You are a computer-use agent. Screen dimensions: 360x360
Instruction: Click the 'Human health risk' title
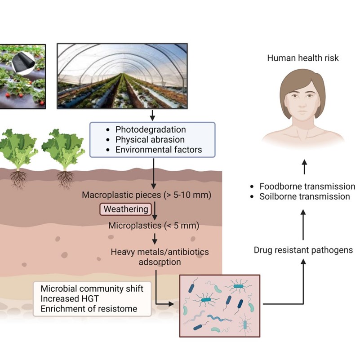point(303,58)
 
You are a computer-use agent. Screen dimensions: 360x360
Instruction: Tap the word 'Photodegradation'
point(151,129)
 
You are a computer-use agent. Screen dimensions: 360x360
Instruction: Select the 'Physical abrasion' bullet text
point(150,140)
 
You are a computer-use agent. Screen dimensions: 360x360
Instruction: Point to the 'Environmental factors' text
point(159,150)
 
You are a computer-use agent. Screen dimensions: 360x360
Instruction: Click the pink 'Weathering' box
point(125,209)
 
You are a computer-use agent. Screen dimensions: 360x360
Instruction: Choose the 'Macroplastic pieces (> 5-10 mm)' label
point(147,195)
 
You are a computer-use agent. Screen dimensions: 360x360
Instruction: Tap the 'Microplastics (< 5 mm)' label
point(154,226)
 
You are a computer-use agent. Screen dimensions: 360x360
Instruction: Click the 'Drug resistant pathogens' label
point(303,250)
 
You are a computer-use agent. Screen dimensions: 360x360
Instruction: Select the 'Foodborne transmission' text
point(307,187)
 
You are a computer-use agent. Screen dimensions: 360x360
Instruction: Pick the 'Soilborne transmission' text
point(305,196)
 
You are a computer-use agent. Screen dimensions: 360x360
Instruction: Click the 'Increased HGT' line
point(70,298)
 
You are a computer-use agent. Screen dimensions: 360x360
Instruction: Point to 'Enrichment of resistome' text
point(89,309)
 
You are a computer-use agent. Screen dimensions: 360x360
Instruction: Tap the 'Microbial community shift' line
point(92,289)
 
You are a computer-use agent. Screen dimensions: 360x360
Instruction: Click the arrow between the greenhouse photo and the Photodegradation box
point(152,115)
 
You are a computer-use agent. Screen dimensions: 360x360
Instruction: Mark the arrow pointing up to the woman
point(304,167)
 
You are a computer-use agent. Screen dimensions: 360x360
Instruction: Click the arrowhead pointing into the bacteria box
point(171,304)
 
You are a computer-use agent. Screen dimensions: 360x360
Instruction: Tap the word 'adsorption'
point(160,262)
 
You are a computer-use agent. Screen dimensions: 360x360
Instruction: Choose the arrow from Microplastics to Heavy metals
point(155,239)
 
